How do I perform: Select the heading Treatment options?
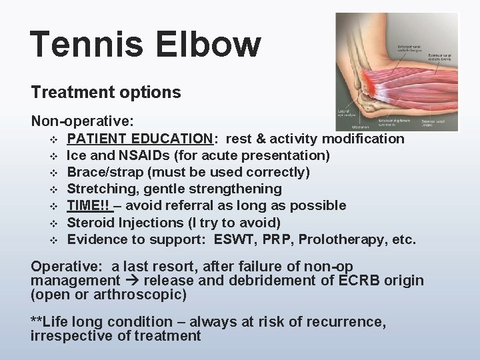106,93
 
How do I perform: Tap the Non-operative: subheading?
83,121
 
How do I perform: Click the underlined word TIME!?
89,205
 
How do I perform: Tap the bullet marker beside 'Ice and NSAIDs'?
54,156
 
